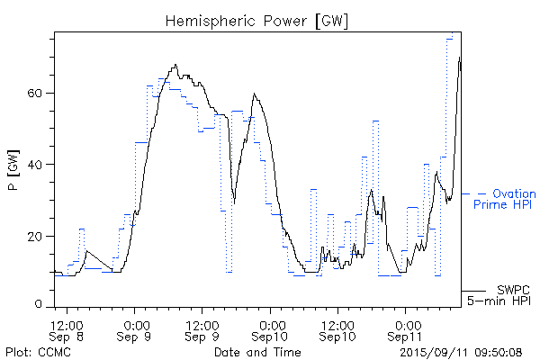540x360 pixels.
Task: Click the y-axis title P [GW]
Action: coord(13,171)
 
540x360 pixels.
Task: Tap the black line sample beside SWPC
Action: coord(474,291)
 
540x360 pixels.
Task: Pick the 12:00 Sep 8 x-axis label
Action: coord(67,328)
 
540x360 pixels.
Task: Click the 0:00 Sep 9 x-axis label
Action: coord(135,328)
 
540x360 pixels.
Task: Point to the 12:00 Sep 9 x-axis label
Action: coord(203,328)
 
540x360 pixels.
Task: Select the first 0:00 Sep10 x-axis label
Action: coord(271,328)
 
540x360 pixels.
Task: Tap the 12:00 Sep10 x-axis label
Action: coord(338,328)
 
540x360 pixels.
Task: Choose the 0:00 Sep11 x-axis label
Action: coord(407,328)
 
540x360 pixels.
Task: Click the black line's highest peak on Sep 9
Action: coord(176,65)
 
